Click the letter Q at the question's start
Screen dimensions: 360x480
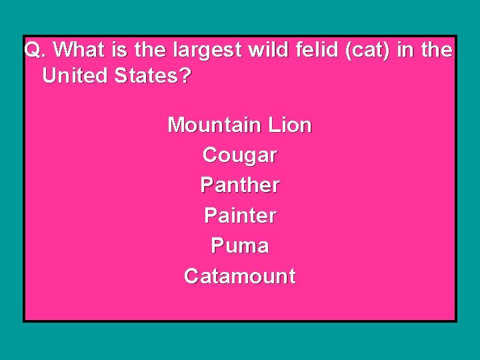[32, 50]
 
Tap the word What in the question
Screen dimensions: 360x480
[74, 50]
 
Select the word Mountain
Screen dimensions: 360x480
[214, 125]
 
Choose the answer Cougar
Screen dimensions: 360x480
[239, 155]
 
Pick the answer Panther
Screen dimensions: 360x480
[239, 185]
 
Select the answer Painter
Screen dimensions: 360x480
[239, 215]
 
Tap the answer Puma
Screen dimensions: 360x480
[239, 246]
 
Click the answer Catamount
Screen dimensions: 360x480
[239, 276]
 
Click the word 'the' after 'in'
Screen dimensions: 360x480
[437, 50]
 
